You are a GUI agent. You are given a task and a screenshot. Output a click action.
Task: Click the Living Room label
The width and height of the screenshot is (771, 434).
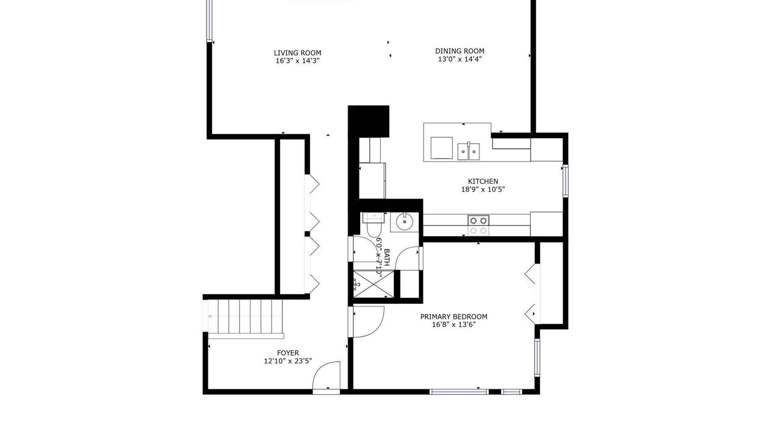pos(298,53)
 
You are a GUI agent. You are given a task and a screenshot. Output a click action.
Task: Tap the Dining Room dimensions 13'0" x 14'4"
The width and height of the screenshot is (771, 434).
pos(460,59)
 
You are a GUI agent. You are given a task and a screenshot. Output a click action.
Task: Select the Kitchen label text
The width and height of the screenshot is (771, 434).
pos(483,181)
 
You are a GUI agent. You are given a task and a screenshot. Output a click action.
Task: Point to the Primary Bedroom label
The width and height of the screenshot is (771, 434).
pos(454,316)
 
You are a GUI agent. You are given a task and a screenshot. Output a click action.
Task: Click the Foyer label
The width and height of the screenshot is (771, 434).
pos(288,353)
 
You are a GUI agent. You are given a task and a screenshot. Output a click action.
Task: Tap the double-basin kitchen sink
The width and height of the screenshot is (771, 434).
pos(469,151)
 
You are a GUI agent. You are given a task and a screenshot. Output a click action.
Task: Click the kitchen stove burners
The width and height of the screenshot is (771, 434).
pos(478,225)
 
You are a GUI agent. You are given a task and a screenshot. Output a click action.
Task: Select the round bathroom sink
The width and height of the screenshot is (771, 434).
pos(404,221)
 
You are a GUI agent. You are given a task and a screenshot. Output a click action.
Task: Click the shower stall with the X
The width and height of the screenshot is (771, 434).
pos(374,284)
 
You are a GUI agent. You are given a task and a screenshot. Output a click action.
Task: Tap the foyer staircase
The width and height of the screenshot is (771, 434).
pos(245,316)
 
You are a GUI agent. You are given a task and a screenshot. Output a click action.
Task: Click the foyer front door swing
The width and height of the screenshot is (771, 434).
pos(326,376)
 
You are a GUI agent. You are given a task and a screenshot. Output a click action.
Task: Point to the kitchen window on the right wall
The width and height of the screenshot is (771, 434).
pos(565,181)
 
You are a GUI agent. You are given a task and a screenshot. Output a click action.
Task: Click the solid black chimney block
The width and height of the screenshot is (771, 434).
pos(368,121)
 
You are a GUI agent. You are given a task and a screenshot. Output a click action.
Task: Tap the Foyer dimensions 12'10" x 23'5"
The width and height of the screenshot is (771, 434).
pos(288,361)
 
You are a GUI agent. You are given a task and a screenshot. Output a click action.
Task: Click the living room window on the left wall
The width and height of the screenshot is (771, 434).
pos(208,20)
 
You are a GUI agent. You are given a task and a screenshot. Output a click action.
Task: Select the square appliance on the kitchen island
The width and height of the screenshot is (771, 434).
pos(442,148)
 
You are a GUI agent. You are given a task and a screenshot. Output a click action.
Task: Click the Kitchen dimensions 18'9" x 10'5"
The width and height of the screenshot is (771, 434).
pos(483,189)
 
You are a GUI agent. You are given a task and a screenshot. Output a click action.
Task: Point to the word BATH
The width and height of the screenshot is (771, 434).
pos(387,257)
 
